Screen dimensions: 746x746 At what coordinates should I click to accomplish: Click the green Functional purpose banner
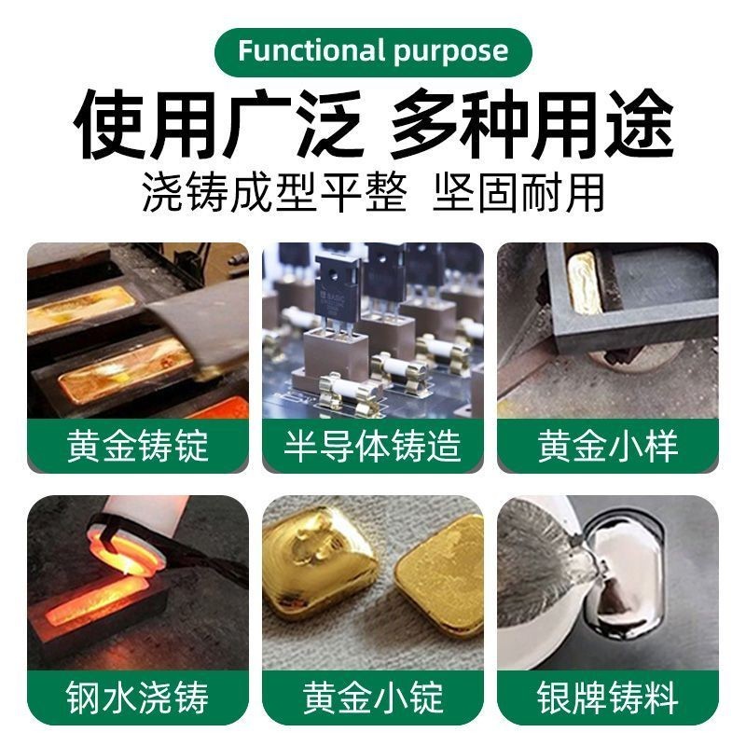[373, 52]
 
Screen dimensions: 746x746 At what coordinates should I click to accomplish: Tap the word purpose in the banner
[451, 52]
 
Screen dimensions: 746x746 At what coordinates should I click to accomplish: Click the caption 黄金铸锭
[138, 446]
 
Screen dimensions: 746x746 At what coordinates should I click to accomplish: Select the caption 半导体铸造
[372, 446]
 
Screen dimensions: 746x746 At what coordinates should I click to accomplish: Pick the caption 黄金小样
[608, 446]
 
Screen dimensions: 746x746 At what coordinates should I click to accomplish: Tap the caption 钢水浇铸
[138, 697]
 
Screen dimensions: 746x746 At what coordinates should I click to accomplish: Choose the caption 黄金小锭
[373, 697]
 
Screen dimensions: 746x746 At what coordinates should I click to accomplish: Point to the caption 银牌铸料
[608, 697]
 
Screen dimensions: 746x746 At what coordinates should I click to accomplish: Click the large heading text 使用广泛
[217, 125]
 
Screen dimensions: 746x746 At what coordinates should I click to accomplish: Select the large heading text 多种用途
[532, 125]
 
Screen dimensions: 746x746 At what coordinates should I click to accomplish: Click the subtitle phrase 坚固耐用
[518, 193]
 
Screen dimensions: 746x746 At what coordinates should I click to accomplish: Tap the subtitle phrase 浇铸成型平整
[275, 193]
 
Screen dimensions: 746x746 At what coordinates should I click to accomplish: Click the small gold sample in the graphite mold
[586, 283]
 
